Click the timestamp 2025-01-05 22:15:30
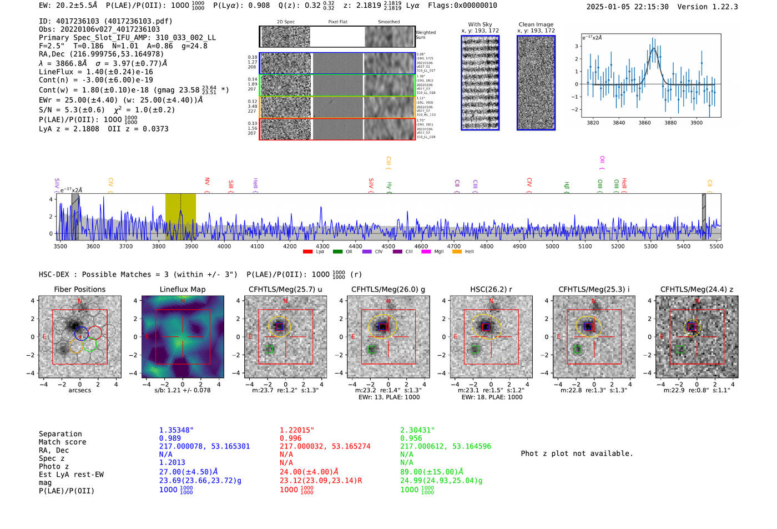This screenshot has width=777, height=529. [x=627, y=7]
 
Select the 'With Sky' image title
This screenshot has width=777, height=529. [x=480, y=24]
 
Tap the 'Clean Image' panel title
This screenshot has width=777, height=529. [x=536, y=24]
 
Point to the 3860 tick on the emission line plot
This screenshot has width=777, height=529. [x=644, y=123]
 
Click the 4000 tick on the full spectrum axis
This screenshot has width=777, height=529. [x=224, y=246]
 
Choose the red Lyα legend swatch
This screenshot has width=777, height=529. [x=307, y=251]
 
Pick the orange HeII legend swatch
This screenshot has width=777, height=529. [x=457, y=251]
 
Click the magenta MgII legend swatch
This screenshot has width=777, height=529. [x=426, y=251]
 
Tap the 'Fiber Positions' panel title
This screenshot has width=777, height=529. [x=79, y=289]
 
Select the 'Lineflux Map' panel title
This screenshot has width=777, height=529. [x=182, y=289]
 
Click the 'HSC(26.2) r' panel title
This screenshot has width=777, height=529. [x=491, y=289]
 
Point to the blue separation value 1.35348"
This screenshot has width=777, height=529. [x=176, y=430]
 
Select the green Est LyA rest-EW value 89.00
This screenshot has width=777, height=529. [x=431, y=472]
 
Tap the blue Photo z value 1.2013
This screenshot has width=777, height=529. [x=172, y=462]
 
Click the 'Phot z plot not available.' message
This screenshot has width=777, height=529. [x=577, y=454]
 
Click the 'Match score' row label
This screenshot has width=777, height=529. [x=62, y=442]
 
